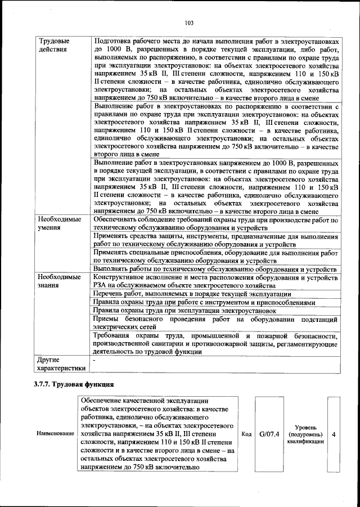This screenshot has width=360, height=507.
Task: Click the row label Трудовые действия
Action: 53,46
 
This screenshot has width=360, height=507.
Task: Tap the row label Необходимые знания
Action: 59,282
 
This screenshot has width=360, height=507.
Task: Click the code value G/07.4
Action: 269,434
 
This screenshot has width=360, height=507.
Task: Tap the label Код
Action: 246,434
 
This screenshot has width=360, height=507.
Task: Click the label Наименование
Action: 55,434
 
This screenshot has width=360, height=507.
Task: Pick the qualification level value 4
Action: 334,434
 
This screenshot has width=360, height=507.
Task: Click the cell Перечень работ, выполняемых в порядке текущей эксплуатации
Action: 192,294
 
